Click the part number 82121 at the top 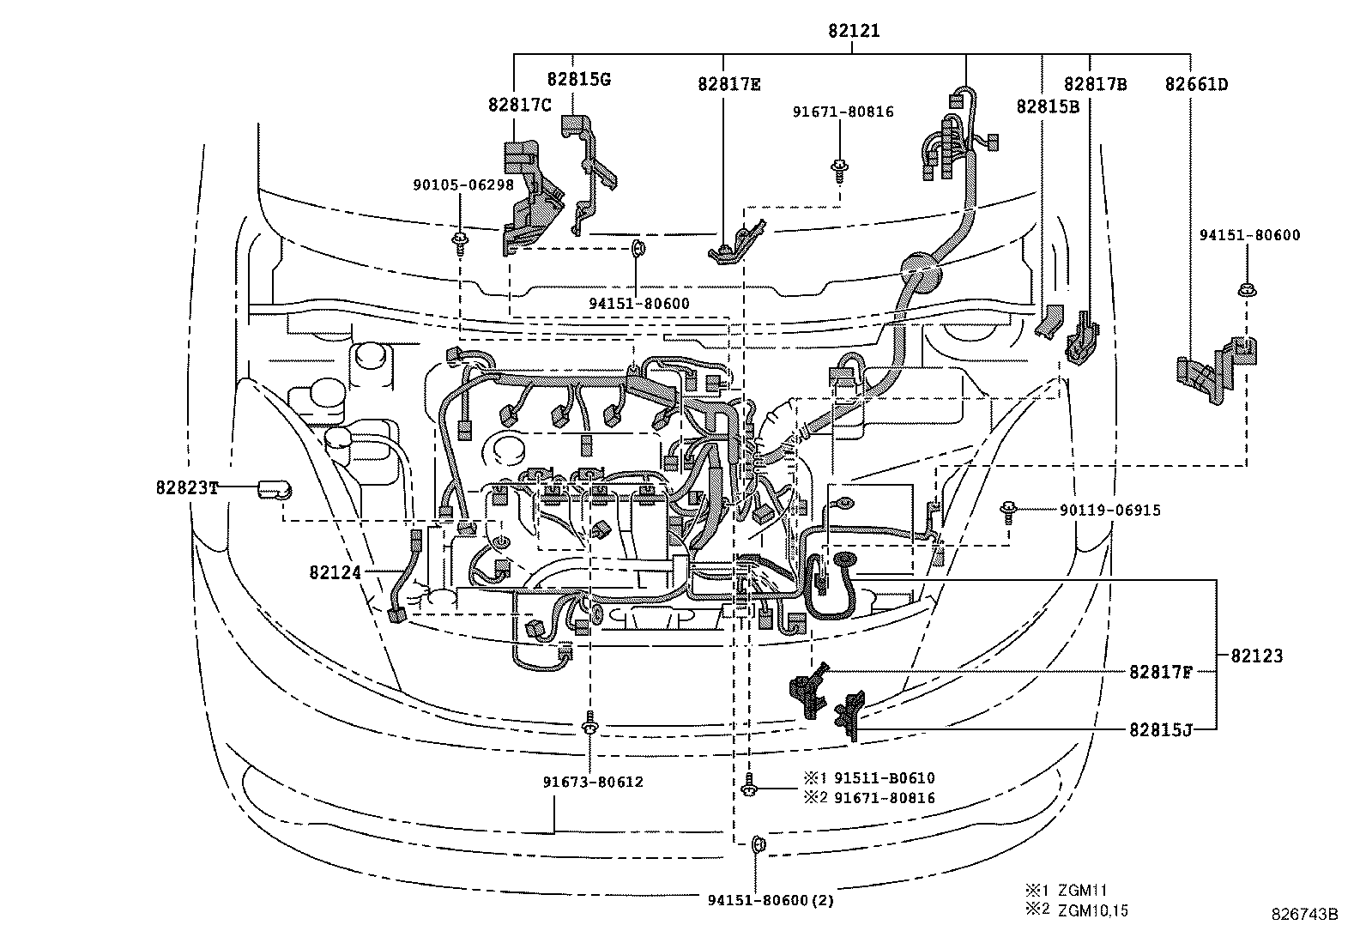[854, 31]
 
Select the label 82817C [519, 105]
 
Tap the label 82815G [578, 79]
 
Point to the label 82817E [728, 84]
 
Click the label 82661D [1196, 84]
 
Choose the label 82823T [187, 487]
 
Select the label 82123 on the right [1257, 656]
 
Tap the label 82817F [1160, 673]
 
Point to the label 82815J [1160, 729]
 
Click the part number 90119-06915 [1109, 511]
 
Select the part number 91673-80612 [593, 782]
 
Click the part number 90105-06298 [462, 184]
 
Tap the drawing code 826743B [1304, 915]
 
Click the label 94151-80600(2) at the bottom [771, 900]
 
